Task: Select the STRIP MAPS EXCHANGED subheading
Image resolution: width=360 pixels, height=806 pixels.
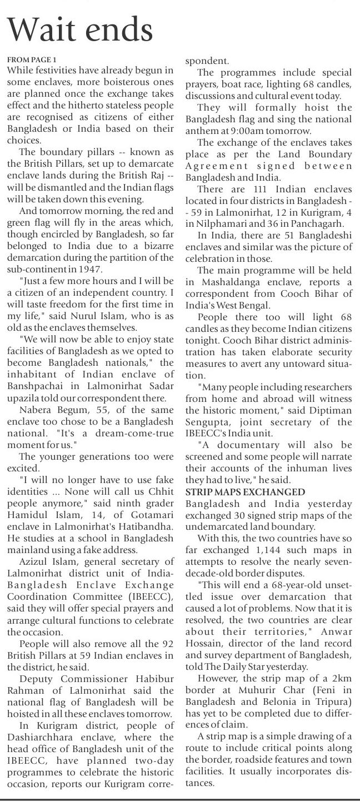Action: pos(245,492)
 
